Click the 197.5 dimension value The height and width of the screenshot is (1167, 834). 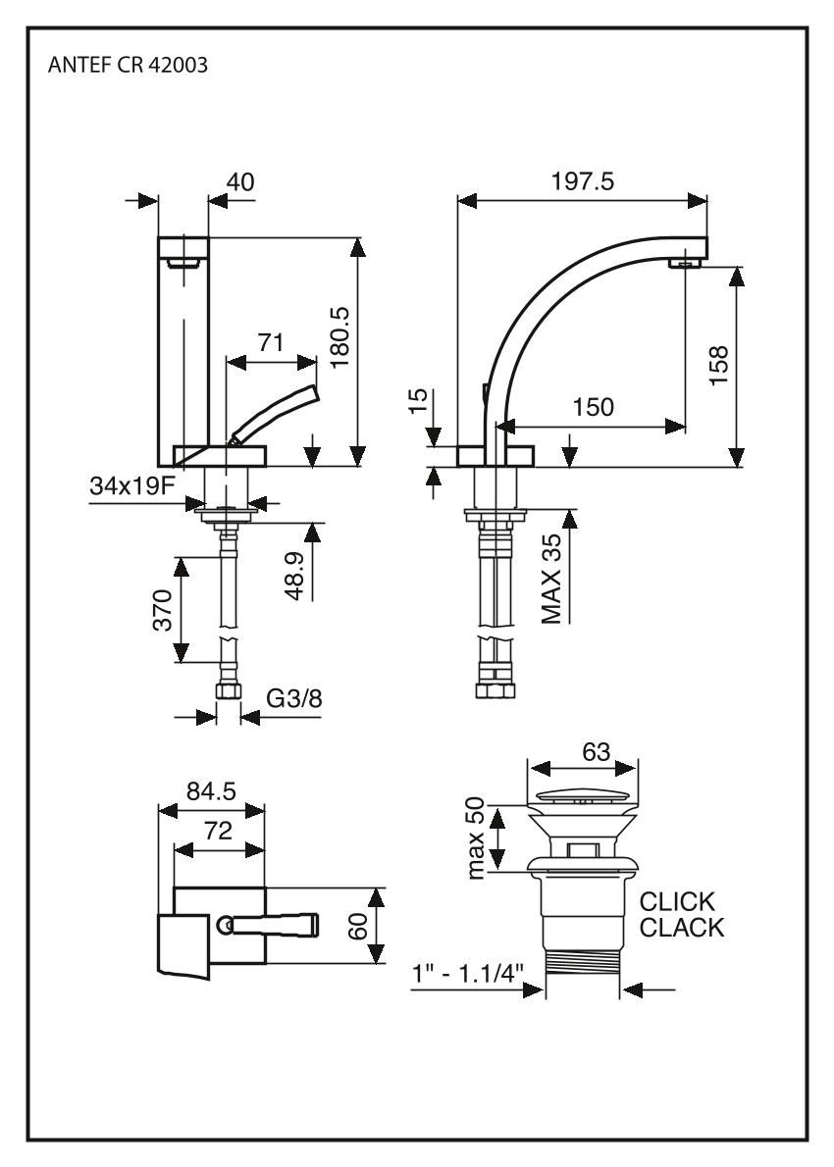click(x=583, y=181)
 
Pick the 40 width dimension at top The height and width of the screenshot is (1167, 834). click(x=240, y=181)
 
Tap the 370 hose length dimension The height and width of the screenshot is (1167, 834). click(x=163, y=610)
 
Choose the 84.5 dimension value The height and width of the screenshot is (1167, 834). click(x=211, y=790)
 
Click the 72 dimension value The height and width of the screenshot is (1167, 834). click(x=218, y=831)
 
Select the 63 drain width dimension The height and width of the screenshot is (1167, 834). click(x=595, y=751)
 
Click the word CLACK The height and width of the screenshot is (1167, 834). click(x=683, y=928)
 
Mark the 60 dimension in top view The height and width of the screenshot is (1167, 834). click(x=359, y=925)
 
